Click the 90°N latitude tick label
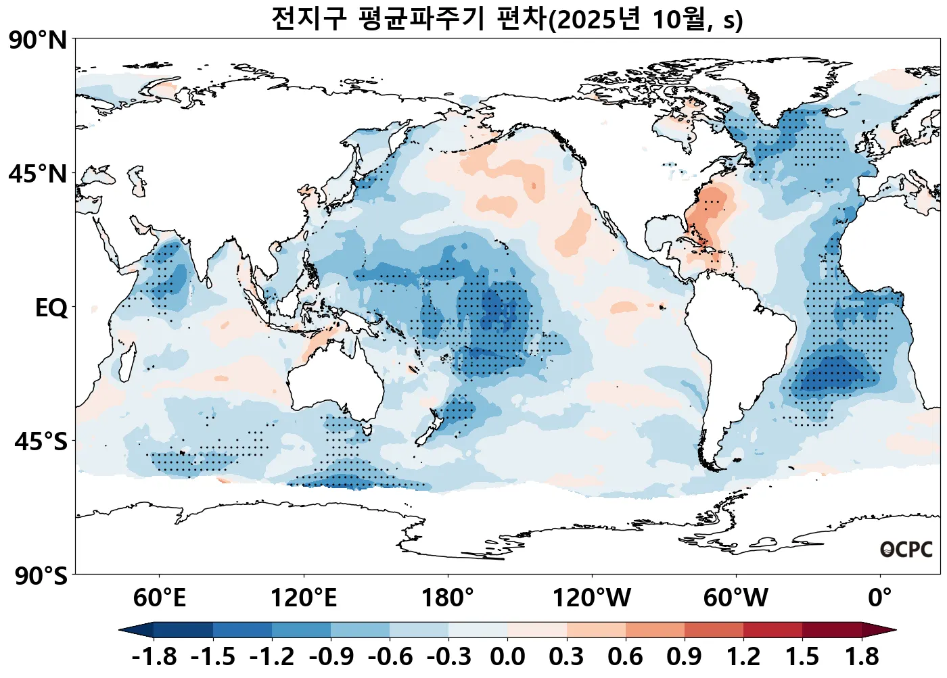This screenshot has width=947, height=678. click(x=39, y=41)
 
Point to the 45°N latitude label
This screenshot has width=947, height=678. click(x=39, y=174)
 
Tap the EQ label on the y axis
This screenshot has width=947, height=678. click(x=51, y=308)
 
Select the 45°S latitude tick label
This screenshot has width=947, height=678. click(x=41, y=442)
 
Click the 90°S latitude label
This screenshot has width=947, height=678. click(x=41, y=576)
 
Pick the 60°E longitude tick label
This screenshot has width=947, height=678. click(x=159, y=598)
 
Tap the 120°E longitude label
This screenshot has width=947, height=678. click(x=304, y=598)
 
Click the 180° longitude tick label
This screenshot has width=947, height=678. click(x=448, y=598)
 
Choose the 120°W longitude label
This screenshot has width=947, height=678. click(x=592, y=598)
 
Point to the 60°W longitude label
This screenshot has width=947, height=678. click(x=736, y=598)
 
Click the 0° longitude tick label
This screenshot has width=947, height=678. click(x=880, y=598)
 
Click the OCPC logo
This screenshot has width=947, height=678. click(x=906, y=550)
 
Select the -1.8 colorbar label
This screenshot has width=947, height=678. click(x=154, y=656)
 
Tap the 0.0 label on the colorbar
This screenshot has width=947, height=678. click(x=507, y=656)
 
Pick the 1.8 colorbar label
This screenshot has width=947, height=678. click(x=862, y=656)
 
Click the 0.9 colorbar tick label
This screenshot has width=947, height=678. click(x=684, y=656)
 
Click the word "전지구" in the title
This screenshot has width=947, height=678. click(x=308, y=19)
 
